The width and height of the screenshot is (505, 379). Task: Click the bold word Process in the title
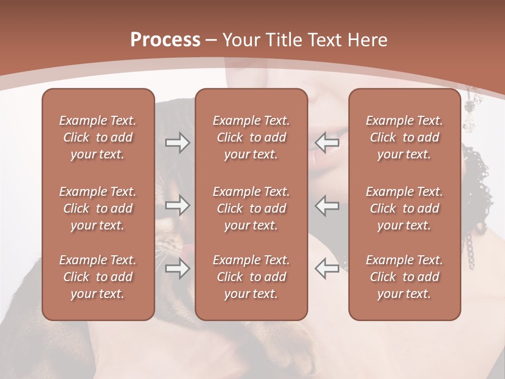click(165, 40)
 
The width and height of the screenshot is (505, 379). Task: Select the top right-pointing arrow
click(177, 143)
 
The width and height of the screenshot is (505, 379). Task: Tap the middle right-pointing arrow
click(177, 205)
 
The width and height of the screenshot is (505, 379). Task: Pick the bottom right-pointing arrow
click(177, 268)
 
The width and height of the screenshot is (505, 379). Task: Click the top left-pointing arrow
click(327, 143)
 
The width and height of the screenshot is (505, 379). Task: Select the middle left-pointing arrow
click(327, 205)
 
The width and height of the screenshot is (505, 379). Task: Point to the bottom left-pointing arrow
click(327, 268)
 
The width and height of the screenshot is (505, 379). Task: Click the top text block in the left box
click(98, 137)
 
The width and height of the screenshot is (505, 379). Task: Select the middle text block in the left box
click(98, 208)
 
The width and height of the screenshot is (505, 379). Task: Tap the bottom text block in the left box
click(98, 277)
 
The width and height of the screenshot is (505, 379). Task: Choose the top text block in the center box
click(251, 137)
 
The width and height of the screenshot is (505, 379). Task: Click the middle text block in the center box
click(251, 208)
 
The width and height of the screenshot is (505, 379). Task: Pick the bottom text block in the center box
click(251, 277)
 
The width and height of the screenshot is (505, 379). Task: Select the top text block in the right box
click(404, 137)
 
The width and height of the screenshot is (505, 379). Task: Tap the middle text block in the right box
click(404, 208)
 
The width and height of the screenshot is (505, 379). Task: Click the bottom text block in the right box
click(404, 277)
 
